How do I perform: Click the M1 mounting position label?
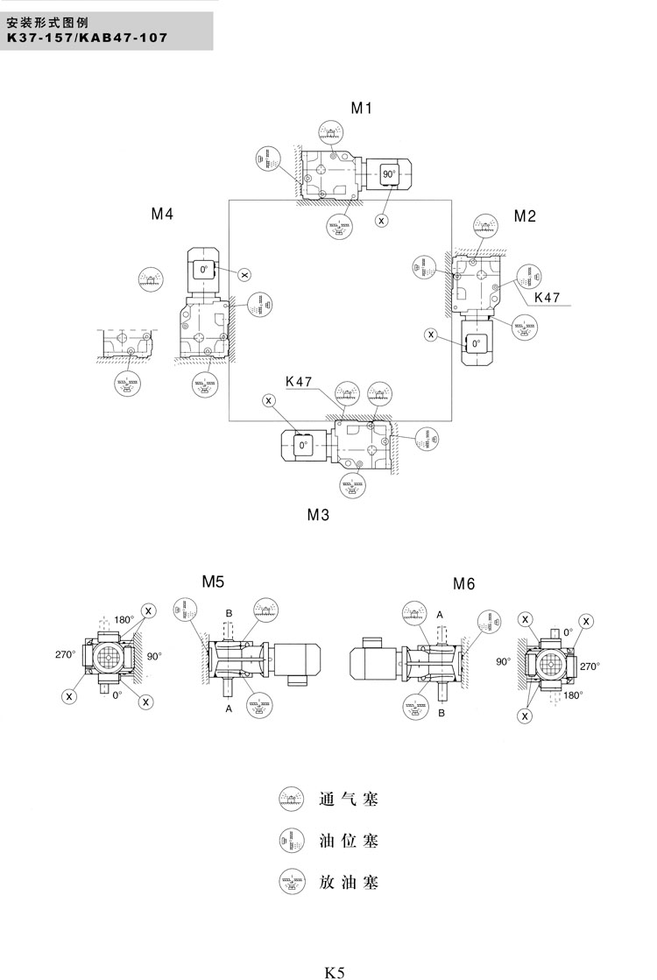coord(362,109)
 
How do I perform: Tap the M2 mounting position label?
coord(525,216)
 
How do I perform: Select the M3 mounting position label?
coord(318,515)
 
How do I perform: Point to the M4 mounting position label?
coord(161,214)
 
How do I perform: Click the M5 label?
coord(214,581)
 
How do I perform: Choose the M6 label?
coord(463,583)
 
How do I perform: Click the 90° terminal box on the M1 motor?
coord(388,174)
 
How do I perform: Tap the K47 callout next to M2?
coord(547,298)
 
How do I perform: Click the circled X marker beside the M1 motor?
coord(382,220)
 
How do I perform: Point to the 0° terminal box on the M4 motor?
coord(204,270)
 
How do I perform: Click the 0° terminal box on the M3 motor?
coord(303,445)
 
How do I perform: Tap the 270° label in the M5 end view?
coord(66,654)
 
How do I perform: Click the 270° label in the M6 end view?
coord(590,666)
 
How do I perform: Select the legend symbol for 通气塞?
coord(290,799)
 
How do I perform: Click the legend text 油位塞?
coord(348,841)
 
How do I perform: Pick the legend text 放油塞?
coord(348,882)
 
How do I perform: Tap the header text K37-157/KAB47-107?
coord(86,38)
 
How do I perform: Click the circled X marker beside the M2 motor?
coord(430,334)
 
